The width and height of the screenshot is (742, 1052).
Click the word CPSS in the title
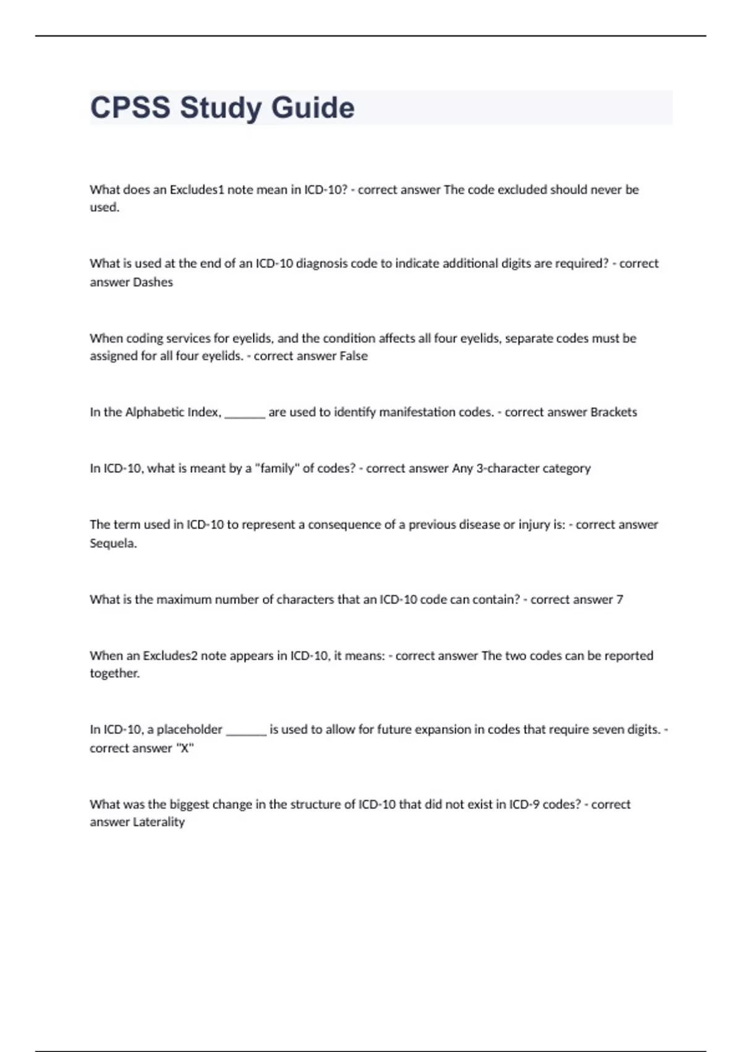point(130,108)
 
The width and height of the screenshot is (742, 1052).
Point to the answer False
point(354,356)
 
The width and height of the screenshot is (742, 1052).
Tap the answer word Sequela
point(113,543)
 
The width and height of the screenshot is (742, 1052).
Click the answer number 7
point(620,599)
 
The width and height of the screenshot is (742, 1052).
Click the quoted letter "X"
point(185,748)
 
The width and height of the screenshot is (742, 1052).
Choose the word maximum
point(184,599)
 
